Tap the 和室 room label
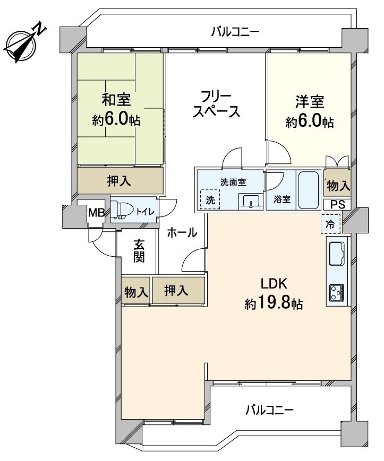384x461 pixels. tap(116, 99)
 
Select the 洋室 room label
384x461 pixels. tap(310, 101)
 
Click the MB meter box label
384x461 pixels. tap(96, 213)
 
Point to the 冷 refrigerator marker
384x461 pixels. tap(331, 224)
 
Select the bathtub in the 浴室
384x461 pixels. tap(308, 190)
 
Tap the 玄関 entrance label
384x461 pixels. tap(139, 250)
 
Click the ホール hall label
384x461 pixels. tap(182, 232)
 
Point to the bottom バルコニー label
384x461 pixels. tap(269, 410)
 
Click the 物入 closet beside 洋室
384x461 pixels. tap(338, 186)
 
